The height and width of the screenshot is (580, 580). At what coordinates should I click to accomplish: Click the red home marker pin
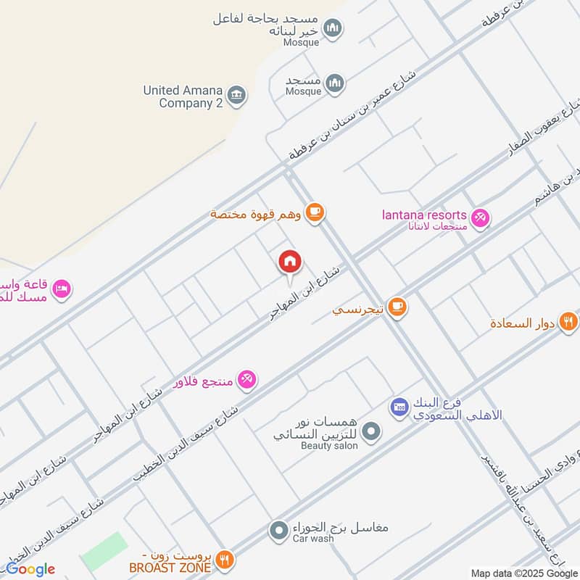click(x=290, y=262)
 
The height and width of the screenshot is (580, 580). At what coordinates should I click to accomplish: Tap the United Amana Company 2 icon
click(x=236, y=95)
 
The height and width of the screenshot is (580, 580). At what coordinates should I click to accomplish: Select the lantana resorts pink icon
click(x=480, y=217)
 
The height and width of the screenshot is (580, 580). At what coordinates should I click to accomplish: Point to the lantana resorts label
click(x=424, y=215)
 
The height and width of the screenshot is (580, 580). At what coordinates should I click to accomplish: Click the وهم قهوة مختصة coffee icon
click(x=314, y=212)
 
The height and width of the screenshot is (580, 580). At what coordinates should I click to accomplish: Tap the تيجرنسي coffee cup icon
click(x=397, y=307)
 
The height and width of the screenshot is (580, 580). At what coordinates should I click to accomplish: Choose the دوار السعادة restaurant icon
click(x=568, y=321)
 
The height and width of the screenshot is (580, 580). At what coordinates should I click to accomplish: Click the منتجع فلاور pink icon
click(x=246, y=378)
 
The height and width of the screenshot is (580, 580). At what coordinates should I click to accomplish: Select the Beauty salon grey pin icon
click(x=371, y=433)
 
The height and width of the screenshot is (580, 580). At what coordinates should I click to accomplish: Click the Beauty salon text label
click(x=329, y=446)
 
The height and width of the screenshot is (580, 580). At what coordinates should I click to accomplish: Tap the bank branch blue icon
click(x=398, y=407)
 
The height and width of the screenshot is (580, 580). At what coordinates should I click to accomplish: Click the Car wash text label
click(x=313, y=540)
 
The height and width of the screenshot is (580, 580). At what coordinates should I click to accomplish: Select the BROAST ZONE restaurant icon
click(x=225, y=559)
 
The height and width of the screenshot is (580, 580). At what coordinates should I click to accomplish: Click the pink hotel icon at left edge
click(x=62, y=289)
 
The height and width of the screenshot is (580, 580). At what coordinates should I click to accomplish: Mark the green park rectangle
click(x=104, y=550)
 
